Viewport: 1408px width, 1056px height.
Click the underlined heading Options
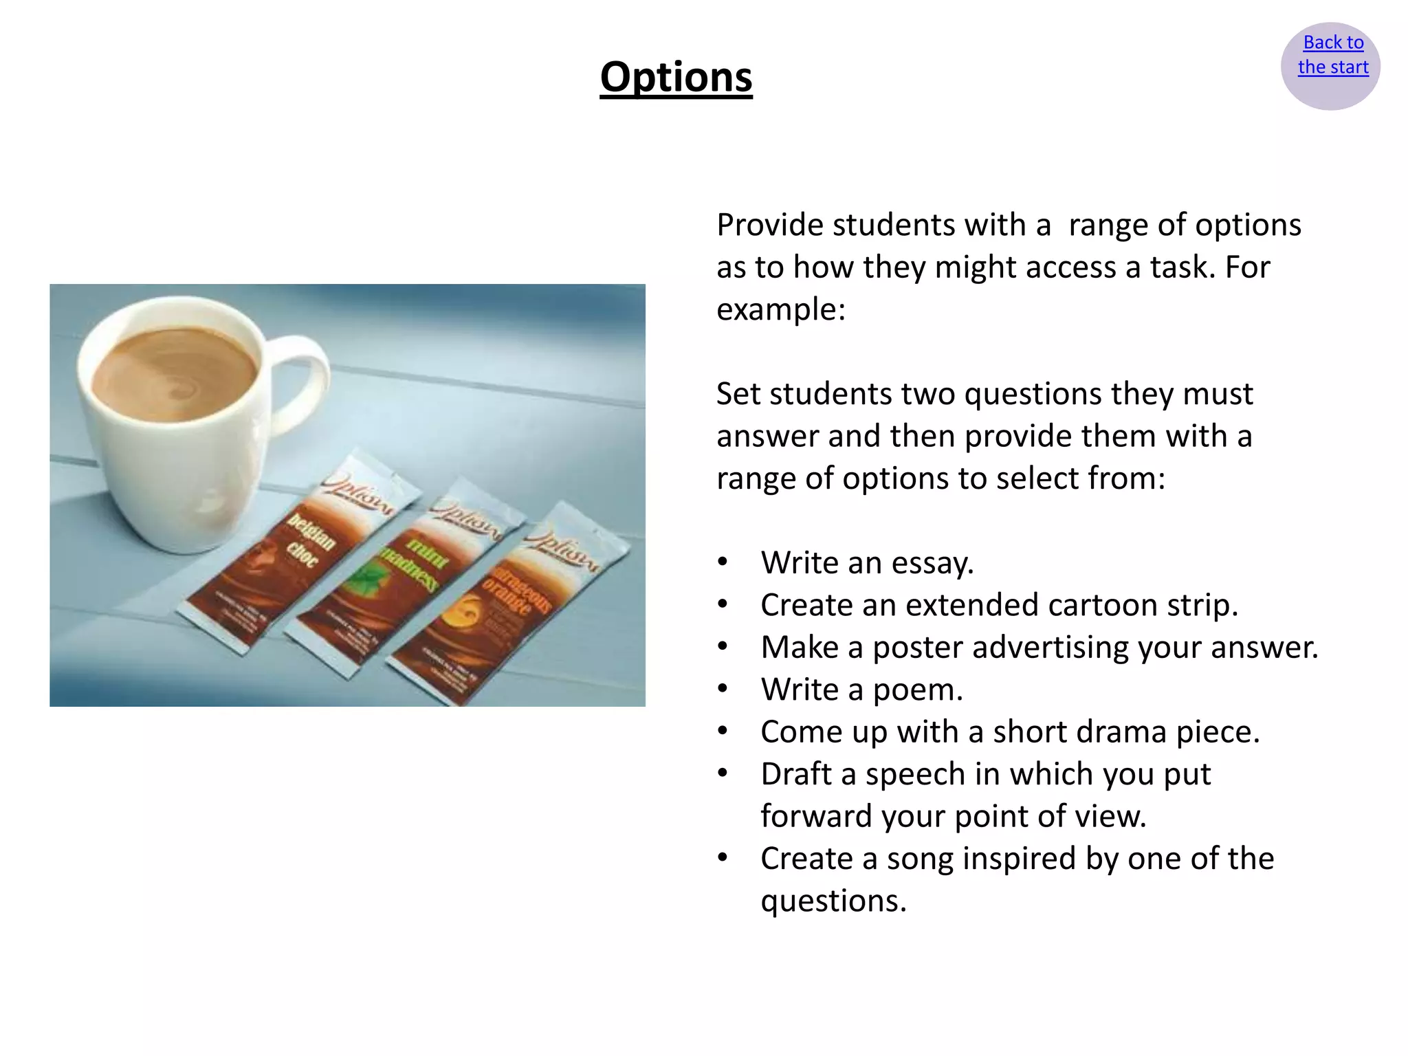point(676,77)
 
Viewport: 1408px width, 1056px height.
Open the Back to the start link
point(1332,55)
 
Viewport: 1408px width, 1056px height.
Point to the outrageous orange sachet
point(509,605)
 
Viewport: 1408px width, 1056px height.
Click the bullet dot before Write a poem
point(723,689)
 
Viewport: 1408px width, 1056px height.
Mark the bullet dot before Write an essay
point(723,562)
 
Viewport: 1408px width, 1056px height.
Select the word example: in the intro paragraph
point(781,309)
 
